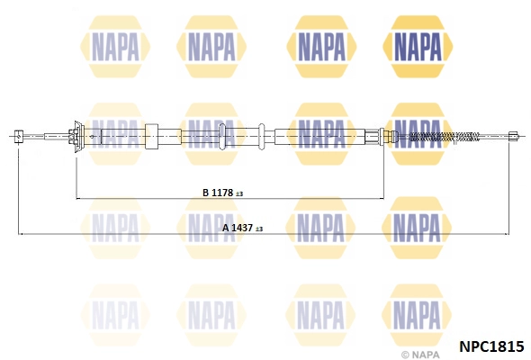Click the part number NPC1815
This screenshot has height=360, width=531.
click(x=491, y=346)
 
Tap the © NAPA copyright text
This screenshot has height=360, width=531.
click(x=420, y=355)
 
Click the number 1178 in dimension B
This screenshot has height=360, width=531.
click(x=222, y=193)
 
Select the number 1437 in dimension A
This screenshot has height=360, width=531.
click(x=242, y=228)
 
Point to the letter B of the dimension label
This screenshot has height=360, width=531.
click(x=205, y=193)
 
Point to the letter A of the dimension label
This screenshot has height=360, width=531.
click(x=226, y=228)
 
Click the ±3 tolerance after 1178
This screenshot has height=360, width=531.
click(x=239, y=194)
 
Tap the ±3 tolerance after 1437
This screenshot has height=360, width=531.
click(x=259, y=229)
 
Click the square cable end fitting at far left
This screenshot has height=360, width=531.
click(x=18, y=137)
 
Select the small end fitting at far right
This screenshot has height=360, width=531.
click(x=514, y=136)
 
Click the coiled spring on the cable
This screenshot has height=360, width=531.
click(x=445, y=137)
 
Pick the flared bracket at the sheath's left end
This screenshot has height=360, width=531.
click(x=79, y=137)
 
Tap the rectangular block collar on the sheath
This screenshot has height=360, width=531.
click(x=151, y=137)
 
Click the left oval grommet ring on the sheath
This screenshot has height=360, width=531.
click(x=222, y=137)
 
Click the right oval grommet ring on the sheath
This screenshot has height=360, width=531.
click(x=261, y=137)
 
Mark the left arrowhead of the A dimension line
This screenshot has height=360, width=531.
click(x=20, y=234)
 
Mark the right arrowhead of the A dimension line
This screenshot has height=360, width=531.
click(x=507, y=234)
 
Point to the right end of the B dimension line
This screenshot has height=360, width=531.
click(x=383, y=198)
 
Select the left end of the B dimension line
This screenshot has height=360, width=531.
click(x=76, y=198)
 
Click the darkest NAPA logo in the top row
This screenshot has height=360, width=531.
click(x=418, y=47)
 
